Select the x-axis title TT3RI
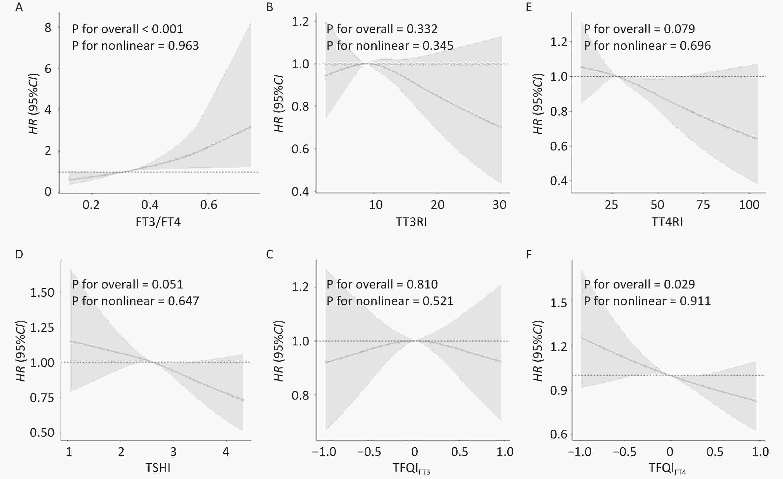click(411, 222)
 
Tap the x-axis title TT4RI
click(667, 222)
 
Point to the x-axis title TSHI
click(158, 468)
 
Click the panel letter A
click(19, 7)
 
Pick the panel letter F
click(529, 254)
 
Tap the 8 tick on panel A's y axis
click(48, 28)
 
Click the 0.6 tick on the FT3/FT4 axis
click(209, 205)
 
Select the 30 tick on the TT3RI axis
click(499, 205)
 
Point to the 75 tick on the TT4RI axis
click(703, 205)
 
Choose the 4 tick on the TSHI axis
click(226, 452)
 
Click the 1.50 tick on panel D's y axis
click(42, 292)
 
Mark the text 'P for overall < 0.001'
click(128, 29)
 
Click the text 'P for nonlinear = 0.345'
click(390, 46)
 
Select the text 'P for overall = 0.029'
click(639, 284)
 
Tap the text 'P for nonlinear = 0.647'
click(135, 301)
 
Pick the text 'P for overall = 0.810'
click(382, 284)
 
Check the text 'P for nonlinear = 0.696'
click(647, 46)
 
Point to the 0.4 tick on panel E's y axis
click(559, 181)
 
